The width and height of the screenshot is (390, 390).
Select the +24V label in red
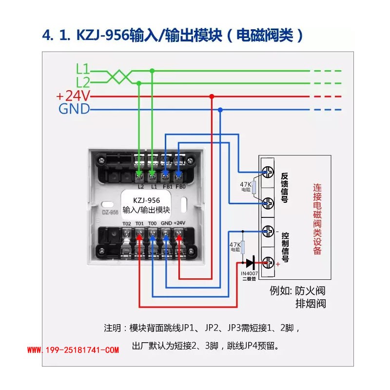tap(74, 96)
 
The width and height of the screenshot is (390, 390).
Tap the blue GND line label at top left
tap(74, 109)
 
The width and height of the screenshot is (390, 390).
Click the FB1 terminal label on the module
tap(166, 187)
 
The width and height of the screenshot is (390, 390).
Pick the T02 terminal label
tap(127, 223)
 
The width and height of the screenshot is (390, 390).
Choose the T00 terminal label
tap(153, 223)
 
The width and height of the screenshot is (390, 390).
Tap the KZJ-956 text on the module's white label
tap(146, 200)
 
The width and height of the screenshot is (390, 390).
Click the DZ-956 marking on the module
tap(111, 212)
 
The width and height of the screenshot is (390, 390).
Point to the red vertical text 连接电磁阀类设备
tap(317, 219)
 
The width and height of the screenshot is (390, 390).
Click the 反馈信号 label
tap(285, 187)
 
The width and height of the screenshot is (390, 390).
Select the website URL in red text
tap(73, 350)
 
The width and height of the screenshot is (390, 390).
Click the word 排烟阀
tap(311, 304)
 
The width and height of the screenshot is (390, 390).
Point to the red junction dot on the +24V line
tap(211, 97)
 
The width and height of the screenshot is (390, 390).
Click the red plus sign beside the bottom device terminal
tap(278, 264)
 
